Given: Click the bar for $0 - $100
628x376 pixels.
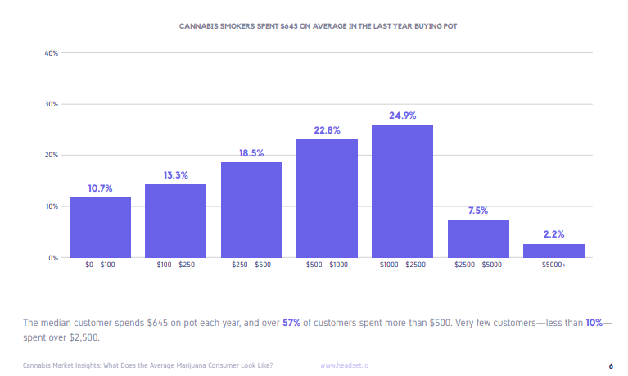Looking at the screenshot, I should point(100,227).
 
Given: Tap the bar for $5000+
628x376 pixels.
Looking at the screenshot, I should point(553,251).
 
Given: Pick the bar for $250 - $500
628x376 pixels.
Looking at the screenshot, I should point(251,210).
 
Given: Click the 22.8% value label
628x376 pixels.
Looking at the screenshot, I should point(327,130).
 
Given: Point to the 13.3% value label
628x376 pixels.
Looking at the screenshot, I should point(175,174).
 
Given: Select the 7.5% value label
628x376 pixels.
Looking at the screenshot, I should point(478,211).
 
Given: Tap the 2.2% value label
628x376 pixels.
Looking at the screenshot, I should point(553,234).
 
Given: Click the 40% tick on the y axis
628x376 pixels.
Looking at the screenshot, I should point(51,53).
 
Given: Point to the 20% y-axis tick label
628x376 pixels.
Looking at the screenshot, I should point(51,156).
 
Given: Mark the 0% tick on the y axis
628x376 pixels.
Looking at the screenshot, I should point(52,258).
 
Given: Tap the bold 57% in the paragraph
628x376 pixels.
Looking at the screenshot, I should point(291,323).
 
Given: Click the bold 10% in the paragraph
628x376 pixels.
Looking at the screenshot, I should point(594,323).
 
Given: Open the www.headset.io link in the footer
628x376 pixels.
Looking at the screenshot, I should point(344,365).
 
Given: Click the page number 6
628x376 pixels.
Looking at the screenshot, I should point(611,365).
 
